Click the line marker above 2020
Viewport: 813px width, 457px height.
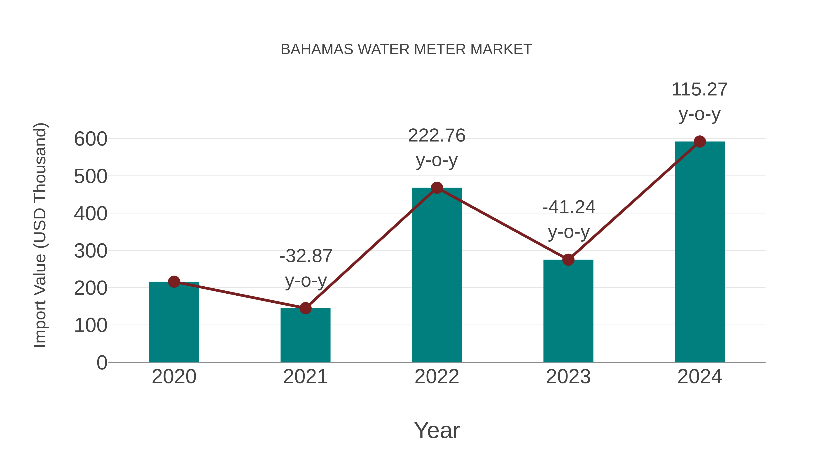point(174,282)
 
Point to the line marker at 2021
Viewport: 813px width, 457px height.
point(305,308)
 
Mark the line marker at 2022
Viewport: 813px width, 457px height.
point(437,188)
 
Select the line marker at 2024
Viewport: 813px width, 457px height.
point(700,142)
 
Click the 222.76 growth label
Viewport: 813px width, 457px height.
point(437,136)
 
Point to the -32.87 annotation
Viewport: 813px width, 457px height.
point(306,256)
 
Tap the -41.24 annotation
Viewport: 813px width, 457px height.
point(569,207)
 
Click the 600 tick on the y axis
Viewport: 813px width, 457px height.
point(91,139)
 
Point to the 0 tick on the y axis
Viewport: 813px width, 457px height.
point(102,362)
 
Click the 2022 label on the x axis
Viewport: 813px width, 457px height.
point(437,377)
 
